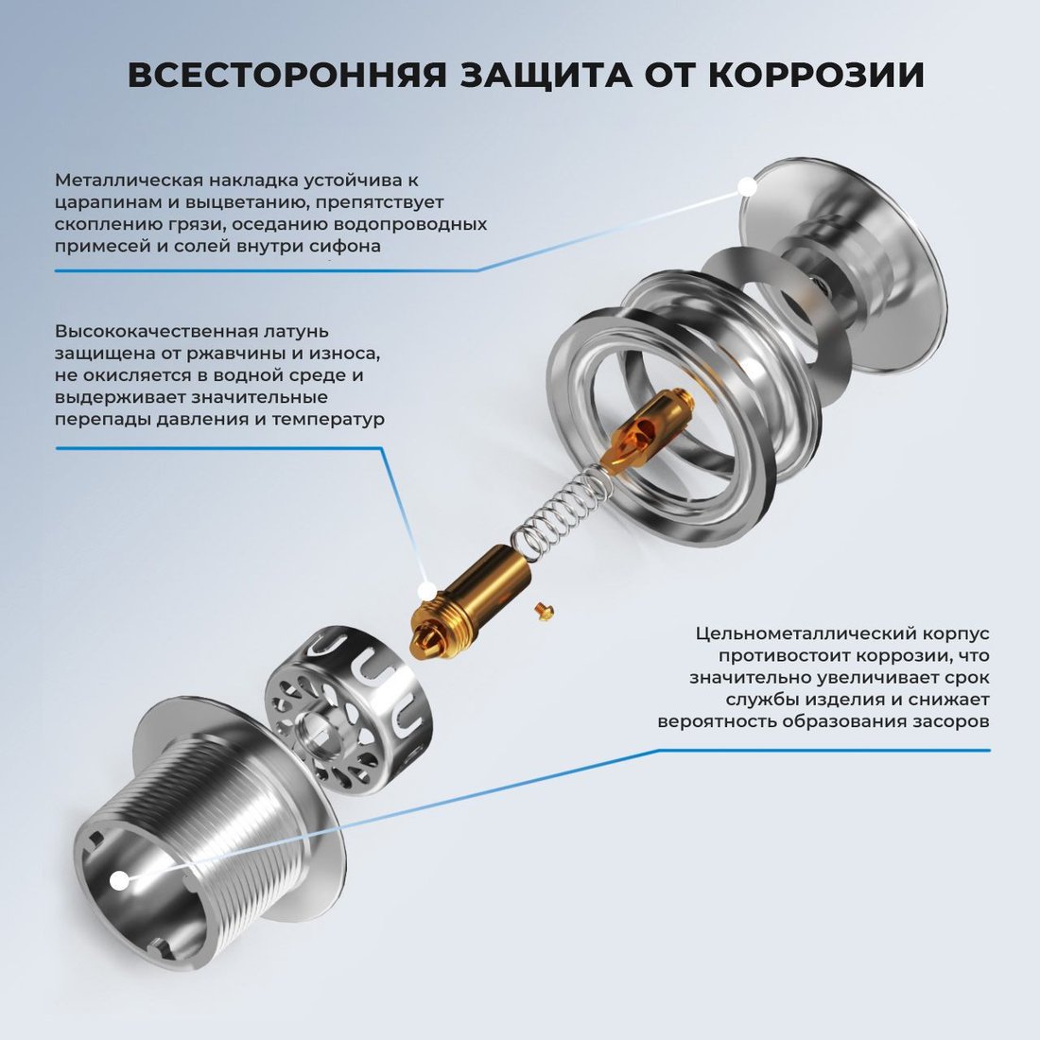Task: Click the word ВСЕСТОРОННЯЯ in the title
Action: (x=287, y=75)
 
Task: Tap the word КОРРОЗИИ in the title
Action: (x=816, y=75)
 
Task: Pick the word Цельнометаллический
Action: (x=805, y=633)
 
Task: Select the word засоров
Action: (x=948, y=721)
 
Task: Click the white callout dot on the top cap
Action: (x=749, y=187)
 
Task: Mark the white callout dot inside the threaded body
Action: (x=119, y=881)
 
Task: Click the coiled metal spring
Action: (x=562, y=506)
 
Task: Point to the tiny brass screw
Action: (x=544, y=612)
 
